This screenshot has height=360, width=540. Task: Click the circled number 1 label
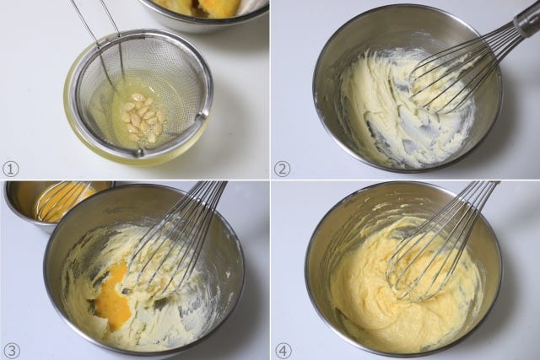point(11,169)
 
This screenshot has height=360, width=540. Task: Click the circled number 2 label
point(283,169)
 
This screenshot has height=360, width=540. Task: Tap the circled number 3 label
point(11,351)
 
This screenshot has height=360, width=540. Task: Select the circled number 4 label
point(283,351)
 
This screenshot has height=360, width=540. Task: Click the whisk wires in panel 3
point(172,241)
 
